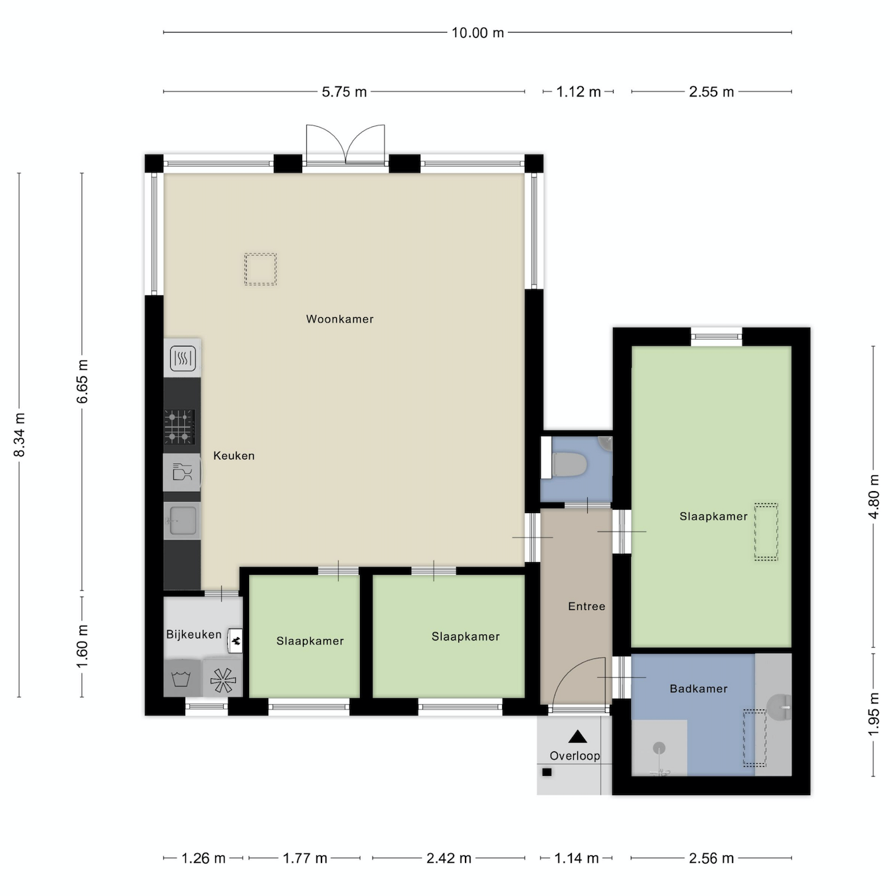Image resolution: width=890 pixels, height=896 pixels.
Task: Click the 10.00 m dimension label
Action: [x=477, y=33]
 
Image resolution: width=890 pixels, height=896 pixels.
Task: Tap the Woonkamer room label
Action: [x=340, y=319]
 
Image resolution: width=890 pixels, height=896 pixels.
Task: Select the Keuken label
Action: [x=234, y=456]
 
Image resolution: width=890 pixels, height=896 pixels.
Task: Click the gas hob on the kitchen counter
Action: [x=179, y=426]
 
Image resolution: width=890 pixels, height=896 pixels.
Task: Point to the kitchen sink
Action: [x=182, y=520]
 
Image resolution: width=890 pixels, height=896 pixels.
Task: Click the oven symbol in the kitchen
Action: [x=183, y=358]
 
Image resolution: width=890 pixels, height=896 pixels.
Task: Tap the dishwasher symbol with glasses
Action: [x=182, y=472]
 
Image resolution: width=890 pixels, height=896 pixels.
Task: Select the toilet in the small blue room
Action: [x=568, y=465]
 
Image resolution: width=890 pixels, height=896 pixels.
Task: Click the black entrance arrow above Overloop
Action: [x=578, y=737]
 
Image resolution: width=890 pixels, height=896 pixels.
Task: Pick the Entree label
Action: [x=586, y=607]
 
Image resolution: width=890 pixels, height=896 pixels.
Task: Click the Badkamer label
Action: [x=698, y=689]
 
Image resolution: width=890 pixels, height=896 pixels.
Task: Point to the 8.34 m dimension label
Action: [x=19, y=435]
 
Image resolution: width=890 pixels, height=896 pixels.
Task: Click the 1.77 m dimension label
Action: [x=305, y=858]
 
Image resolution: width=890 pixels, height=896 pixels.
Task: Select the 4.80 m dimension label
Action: [x=873, y=496]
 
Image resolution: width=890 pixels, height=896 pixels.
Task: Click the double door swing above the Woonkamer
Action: [x=345, y=144]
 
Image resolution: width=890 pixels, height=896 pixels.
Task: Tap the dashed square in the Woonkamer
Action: [x=260, y=269]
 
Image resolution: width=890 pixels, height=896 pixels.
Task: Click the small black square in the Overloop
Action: [x=547, y=773]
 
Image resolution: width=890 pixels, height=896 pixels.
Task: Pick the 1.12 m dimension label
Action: [x=578, y=92]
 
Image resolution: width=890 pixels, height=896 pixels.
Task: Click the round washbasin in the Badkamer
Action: [x=778, y=708]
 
